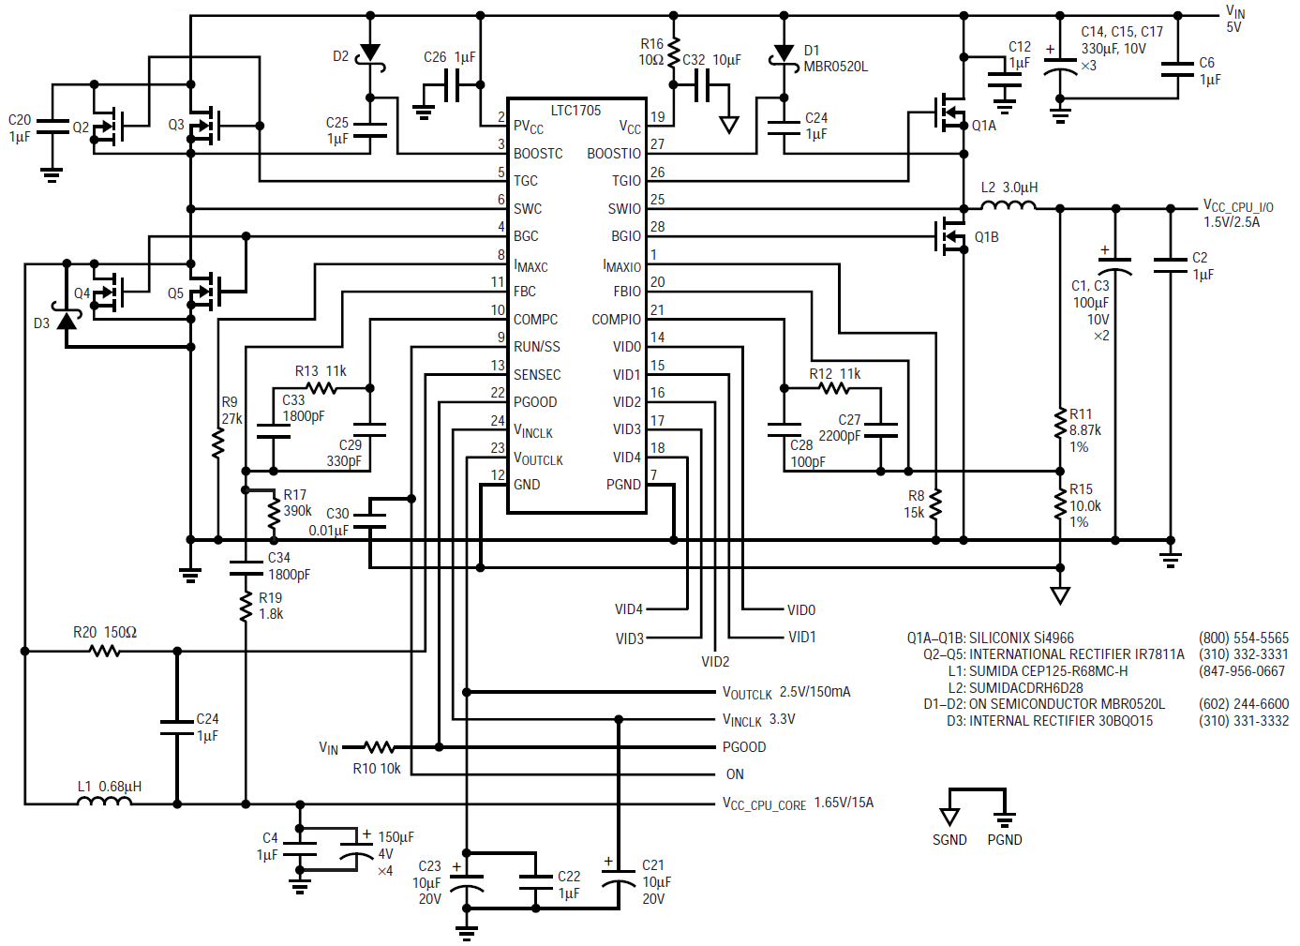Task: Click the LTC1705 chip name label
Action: point(575,111)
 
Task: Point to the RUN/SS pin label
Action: point(536,347)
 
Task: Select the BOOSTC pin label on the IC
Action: point(538,154)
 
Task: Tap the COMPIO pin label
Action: point(616,320)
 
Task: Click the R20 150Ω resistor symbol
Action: point(105,651)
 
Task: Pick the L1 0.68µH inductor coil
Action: point(104,802)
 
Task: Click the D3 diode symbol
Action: point(66,321)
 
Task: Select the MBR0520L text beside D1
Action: point(835,67)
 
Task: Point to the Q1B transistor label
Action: point(986,237)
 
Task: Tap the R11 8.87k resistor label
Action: point(1084,430)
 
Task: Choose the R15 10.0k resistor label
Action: point(1085,505)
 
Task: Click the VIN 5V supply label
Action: point(1235,19)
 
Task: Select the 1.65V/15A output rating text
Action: point(844,803)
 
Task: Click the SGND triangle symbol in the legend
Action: point(949,816)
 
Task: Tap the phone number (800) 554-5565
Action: point(1243,638)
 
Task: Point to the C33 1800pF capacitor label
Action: point(303,408)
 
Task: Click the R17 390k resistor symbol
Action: point(273,510)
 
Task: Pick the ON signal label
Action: point(735,774)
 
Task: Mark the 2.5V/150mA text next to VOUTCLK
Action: point(814,692)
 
